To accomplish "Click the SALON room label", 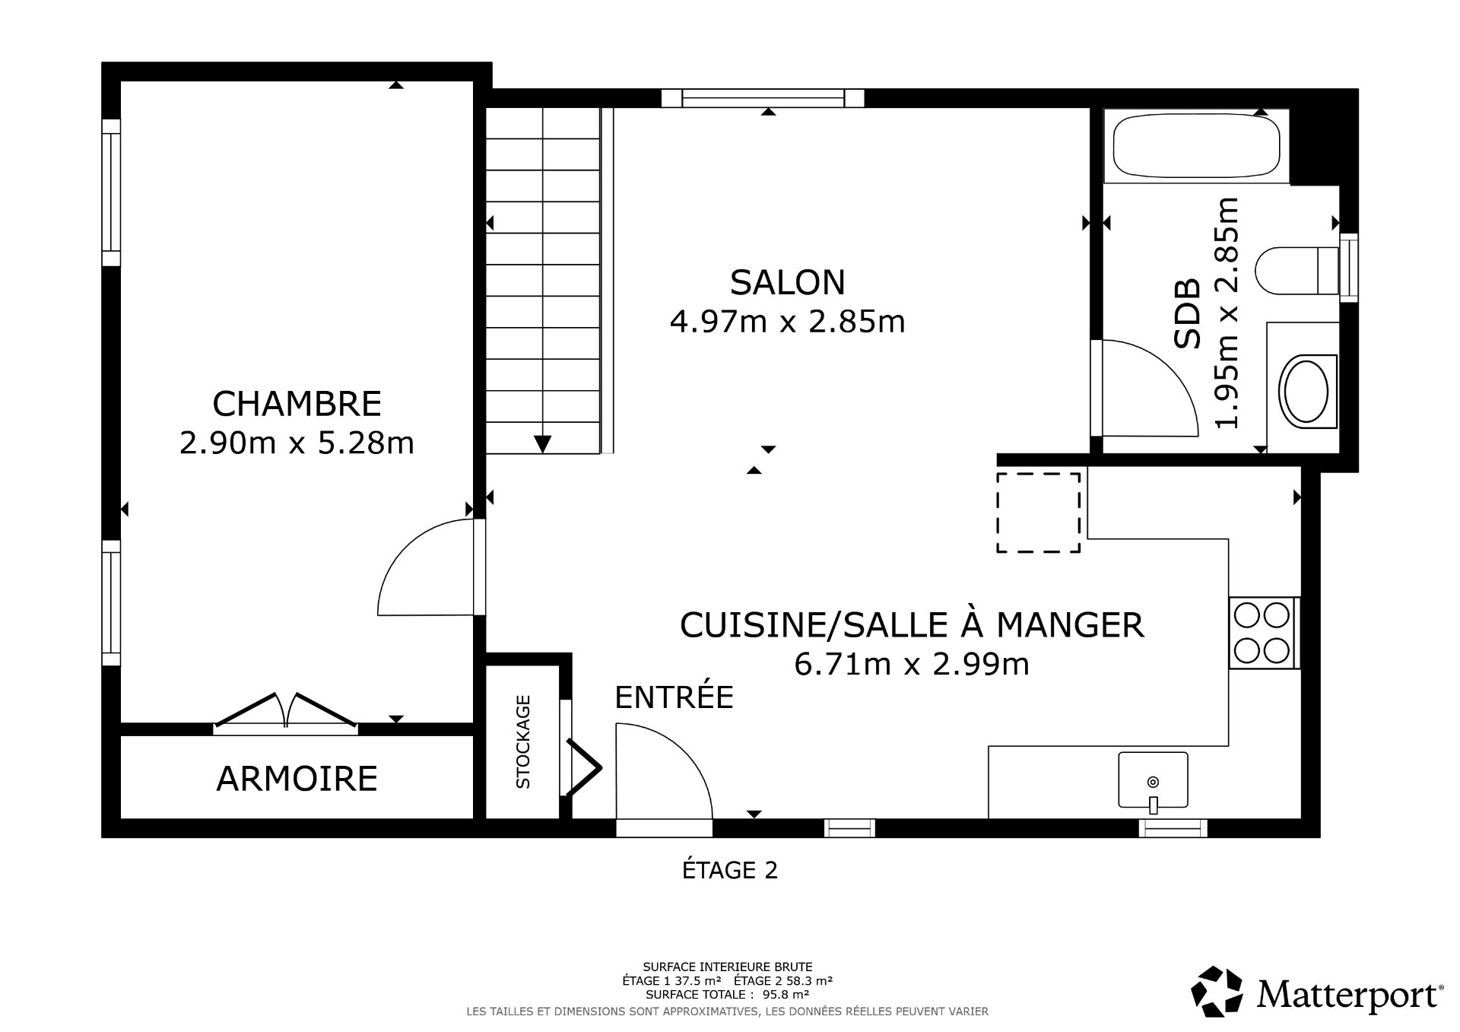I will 787,282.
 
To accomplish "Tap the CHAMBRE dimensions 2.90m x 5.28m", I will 297,443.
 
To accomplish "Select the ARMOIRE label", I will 297,779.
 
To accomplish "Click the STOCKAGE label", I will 523,741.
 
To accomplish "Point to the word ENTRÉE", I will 674,697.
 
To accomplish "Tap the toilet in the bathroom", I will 1296,270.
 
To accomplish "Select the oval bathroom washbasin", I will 1306,391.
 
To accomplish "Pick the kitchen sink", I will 1153,780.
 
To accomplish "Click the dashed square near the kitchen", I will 1038,512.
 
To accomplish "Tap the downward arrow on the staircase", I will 542,443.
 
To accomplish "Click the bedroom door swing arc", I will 414,563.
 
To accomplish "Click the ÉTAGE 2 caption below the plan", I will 730,870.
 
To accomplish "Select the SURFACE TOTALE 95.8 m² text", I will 727,994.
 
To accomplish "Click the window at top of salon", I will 763,98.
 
